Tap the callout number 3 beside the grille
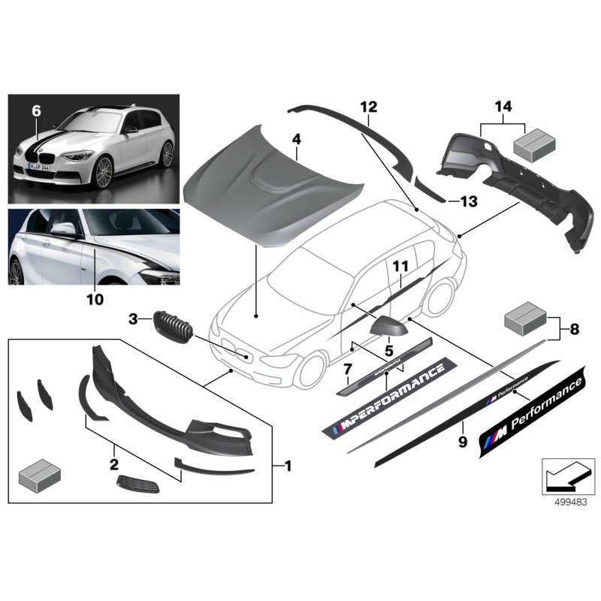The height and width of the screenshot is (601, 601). pyautogui.click(x=133, y=320)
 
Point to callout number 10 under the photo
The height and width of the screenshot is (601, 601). pyautogui.click(x=94, y=299)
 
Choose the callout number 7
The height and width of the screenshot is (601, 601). pyautogui.click(x=347, y=369)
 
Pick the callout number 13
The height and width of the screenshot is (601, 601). pyautogui.click(x=469, y=201)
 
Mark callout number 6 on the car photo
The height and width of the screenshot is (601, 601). pyautogui.click(x=35, y=110)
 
